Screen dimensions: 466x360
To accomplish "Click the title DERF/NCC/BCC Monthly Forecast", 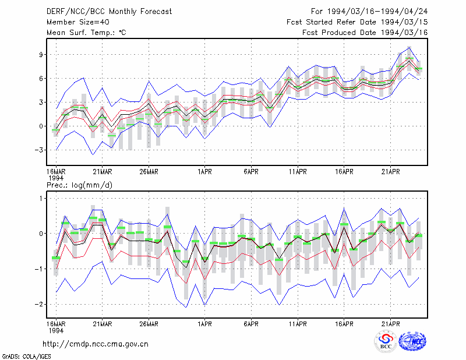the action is (x=109, y=12).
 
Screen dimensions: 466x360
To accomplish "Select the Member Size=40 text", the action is (x=78, y=22).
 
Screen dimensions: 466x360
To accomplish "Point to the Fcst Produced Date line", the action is (x=365, y=33).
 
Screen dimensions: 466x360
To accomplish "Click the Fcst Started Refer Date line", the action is (x=357, y=22).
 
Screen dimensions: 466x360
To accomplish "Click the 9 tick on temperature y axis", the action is (x=41, y=54).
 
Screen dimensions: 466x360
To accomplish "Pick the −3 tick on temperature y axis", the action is (x=38, y=150).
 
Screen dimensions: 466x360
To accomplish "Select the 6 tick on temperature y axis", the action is (x=41, y=78).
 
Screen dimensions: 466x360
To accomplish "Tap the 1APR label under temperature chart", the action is (x=204, y=172).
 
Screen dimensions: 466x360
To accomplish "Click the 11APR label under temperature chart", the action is (x=298, y=172).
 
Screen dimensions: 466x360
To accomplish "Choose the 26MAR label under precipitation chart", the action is (x=149, y=324).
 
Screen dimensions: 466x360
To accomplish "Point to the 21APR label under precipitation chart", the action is (x=390, y=324).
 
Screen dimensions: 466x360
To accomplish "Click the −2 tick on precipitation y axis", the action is (x=38, y=304).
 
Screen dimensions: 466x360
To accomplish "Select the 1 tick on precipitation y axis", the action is (x=41, y=198).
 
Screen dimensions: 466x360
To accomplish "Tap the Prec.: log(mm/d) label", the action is (x=79, y=185).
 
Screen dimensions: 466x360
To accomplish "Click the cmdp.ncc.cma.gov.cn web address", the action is (x=96, y=344).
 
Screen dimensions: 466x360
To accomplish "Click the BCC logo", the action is (x=386, y=341).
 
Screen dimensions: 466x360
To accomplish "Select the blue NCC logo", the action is (x=412, y=341).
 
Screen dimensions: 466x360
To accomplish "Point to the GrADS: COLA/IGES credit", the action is (x=26, y=357).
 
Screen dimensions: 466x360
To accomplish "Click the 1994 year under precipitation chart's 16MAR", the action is (x=56, y=330).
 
